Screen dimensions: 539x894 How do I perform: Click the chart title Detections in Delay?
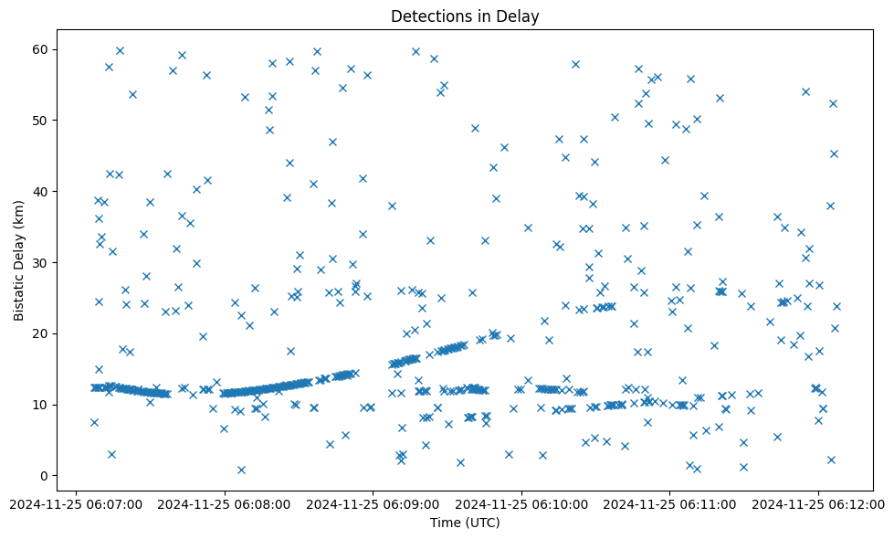465,16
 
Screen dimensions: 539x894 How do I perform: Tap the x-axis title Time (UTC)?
465,523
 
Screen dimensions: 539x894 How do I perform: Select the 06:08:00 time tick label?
224,503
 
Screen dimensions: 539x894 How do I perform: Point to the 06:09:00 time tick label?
373,503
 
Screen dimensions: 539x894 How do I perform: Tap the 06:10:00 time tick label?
521,503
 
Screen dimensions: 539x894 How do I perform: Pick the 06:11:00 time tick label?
670,503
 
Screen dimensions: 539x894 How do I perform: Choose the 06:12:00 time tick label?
818,503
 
